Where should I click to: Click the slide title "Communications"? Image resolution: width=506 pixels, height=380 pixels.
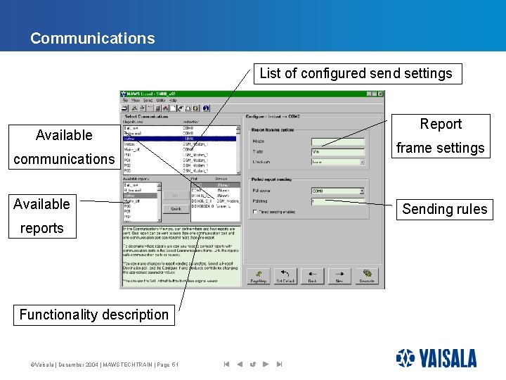click(x=92, y=38)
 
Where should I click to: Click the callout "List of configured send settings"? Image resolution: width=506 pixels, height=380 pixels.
click(x=356, y=73)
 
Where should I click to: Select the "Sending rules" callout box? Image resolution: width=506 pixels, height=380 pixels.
click(x=444, y=209)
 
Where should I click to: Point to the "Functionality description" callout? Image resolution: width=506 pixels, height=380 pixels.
click(x=93, y=315)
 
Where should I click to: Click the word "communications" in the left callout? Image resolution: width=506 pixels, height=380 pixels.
click(x=63, y=159)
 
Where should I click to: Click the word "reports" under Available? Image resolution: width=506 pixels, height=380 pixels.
click(x=41, y=228)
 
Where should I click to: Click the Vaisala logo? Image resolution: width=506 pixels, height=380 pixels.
click(x=436, y=359)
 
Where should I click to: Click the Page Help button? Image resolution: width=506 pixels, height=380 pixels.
click(x=259, y=275)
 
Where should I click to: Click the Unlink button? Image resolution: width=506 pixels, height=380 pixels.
click(x=176, y=209)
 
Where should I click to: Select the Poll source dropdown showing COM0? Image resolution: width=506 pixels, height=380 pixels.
click(x=338, y=191)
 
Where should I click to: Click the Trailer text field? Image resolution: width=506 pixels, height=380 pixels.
click(x=338, y=151)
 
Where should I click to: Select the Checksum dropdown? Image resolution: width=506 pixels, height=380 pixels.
click(x=338, y=162)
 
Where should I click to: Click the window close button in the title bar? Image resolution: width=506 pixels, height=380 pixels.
click(x=379, y=94)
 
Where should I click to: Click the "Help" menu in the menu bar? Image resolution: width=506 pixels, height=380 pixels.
click(x=173, y=101)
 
